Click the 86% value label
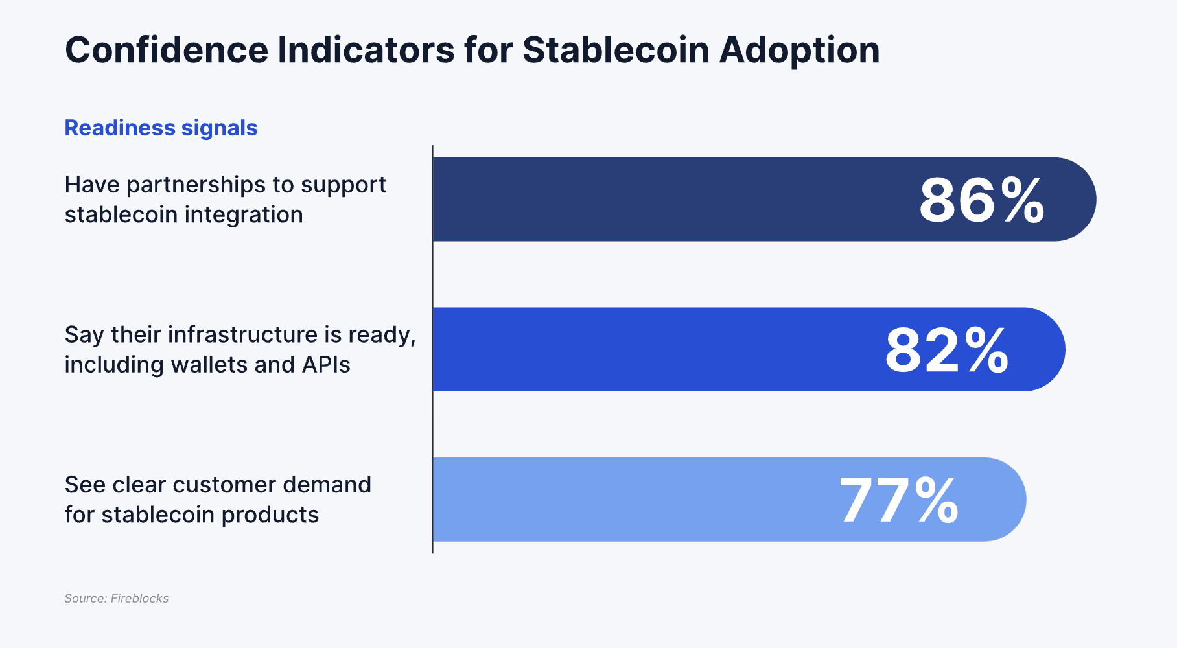tap(982, 200)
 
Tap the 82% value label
tap(947, 351)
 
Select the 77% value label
tap(898, 500)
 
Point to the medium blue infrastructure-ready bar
tap(648, 350)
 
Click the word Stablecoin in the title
tap(616, 50)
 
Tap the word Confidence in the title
tap(167, 50)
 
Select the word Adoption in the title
tap(799, 51)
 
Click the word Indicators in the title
tap(366, 50)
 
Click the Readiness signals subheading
tap(161, 128)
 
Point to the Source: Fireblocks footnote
tap(117, 599)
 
